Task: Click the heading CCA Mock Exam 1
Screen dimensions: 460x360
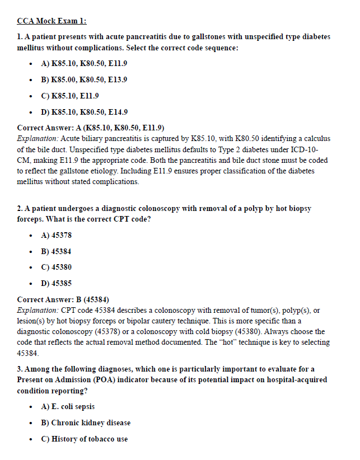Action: point(52,21)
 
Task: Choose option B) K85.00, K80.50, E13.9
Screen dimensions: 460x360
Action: point(84,79)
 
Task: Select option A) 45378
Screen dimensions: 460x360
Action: point(56,236)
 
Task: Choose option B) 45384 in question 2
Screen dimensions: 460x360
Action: point(56,251)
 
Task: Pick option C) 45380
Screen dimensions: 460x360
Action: point(56,267)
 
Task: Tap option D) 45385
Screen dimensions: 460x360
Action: point(56,283)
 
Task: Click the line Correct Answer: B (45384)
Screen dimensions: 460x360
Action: point(63,299)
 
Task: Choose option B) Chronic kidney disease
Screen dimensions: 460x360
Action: point(86,423)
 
